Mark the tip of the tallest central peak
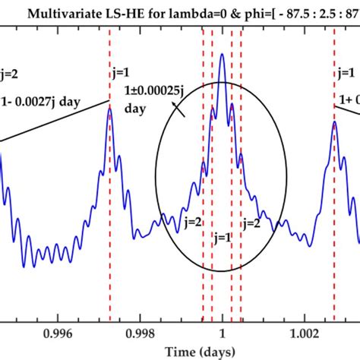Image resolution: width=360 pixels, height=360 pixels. [222, 54]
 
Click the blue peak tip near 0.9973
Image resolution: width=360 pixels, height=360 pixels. [109, 108]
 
